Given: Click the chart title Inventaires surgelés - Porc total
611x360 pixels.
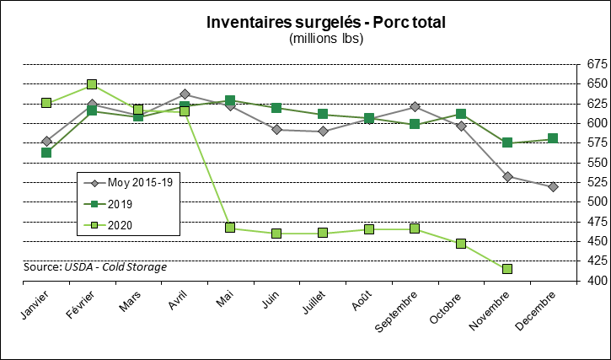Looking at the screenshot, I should click(x=326, y=22).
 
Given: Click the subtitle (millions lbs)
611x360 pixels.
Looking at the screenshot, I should click(x=326, y=39).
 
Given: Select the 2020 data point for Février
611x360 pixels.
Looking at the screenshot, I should click(x=92, y=84).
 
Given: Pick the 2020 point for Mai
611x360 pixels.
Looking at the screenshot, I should click(x=230, y=228).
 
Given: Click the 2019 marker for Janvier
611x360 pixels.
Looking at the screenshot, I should click(x=46, y=153).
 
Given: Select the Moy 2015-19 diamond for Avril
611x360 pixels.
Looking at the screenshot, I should click(x=185, y=94).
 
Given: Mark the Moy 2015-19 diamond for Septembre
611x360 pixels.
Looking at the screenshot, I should click(x=415, y=107).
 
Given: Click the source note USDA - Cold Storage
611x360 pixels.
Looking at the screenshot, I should click(x=95, y=266).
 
